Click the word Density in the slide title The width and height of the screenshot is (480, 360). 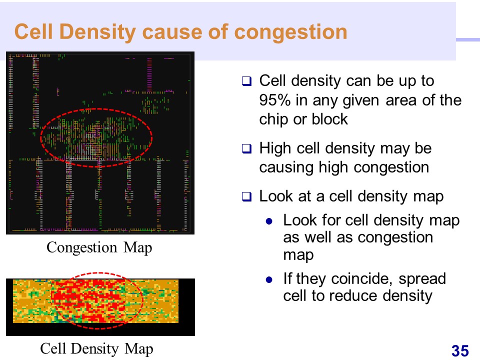(x=97, y=32)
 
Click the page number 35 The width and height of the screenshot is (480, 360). (x=460, y=351)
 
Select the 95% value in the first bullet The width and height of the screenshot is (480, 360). (x=274, y=100)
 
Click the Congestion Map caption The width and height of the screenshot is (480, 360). (x=99, y=247)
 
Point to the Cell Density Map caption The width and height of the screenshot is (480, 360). (x=96, y=348)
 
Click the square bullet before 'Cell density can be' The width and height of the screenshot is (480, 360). (x=246, y=81)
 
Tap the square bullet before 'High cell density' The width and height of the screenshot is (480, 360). (x=246, y=149)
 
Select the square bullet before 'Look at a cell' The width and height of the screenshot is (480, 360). (x=246, y=196)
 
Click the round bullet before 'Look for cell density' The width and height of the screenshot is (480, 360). (x=269, y=221)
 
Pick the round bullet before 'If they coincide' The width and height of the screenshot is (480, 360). (x=269, y=279)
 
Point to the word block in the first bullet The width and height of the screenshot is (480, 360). (x=329, y=119)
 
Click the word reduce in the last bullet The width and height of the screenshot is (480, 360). (x=353, y=296)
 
